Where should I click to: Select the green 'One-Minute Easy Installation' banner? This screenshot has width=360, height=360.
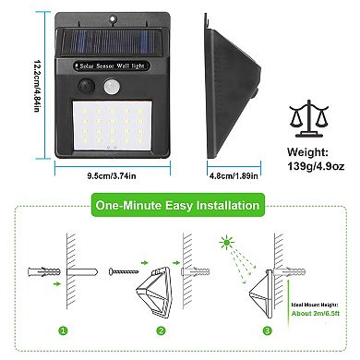174,205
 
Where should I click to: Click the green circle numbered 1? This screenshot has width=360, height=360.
64,330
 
